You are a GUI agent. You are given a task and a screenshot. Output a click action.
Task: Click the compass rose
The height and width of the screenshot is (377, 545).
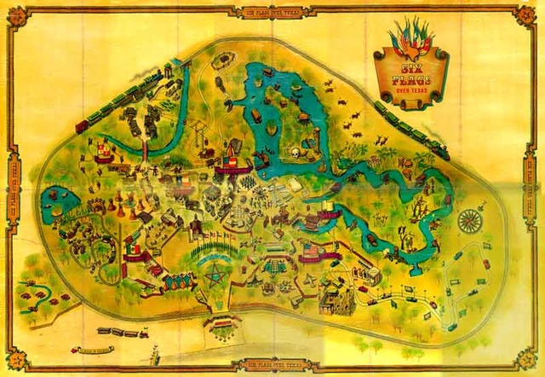(469, 221)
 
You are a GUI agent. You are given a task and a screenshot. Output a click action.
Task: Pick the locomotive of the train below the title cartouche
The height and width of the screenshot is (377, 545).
(439, 150)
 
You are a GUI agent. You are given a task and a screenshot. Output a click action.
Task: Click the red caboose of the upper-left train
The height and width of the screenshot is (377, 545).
(82, 127)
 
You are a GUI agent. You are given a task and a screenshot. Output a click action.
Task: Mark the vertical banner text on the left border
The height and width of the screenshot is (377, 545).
(13, 188)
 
